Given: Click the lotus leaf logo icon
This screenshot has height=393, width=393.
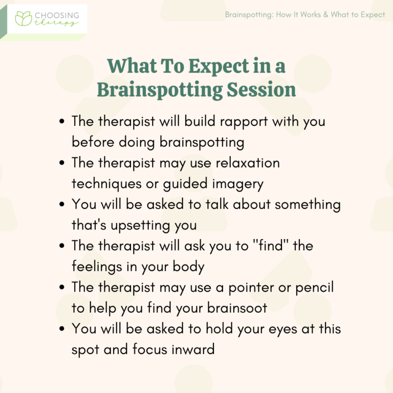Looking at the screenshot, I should [24, 18].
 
